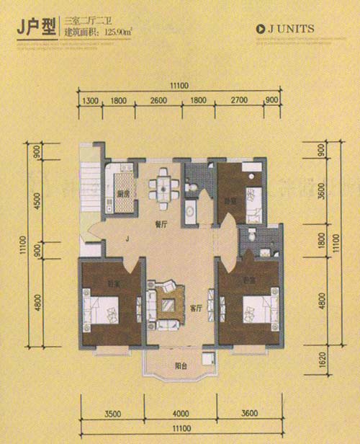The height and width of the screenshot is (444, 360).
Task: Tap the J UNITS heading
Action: coord(287,30)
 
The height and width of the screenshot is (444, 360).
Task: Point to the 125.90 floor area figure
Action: coord(120,34)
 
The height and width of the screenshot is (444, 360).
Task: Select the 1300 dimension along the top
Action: coord(90,102)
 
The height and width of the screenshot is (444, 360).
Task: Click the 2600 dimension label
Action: coord(159,102)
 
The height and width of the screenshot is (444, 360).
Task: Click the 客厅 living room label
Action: coord(195,308)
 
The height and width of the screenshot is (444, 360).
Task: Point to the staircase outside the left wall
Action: coord(93,187)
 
